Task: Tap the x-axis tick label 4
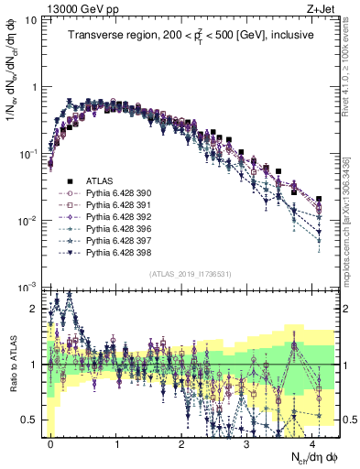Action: tap(312, 442)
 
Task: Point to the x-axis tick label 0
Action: tap(50, 442)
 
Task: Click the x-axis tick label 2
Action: tap(181, 442)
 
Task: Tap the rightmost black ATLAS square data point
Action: tap(319, 198)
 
